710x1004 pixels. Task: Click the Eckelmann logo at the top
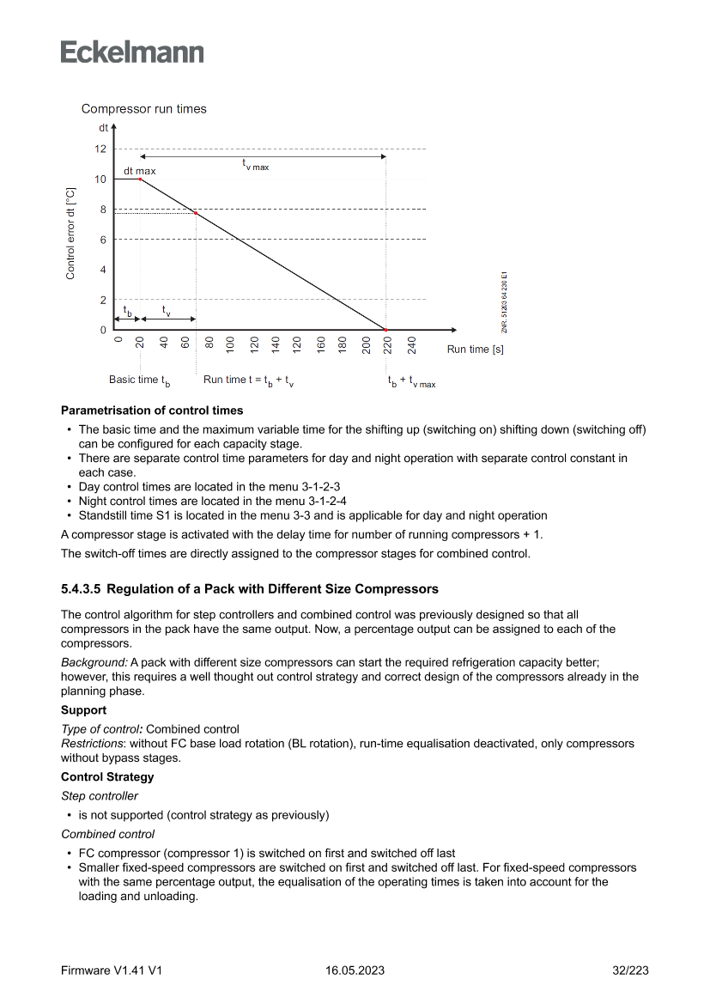point(132,52)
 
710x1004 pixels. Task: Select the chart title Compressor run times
point(143,109)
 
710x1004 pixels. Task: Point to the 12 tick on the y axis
point(100,149)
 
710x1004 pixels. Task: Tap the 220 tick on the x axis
point(388,345)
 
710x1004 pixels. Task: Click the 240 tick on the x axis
point(411,345)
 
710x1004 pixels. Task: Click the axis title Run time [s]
point(475,350)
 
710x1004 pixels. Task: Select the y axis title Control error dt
point(70,233)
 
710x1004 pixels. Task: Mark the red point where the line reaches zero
point(385,330)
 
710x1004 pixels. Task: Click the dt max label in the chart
point(140,172)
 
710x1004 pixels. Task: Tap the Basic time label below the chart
point(139,380)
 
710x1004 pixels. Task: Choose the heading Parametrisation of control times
point(152,411)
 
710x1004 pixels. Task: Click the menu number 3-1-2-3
point(316,486)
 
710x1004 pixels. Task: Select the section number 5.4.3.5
point(81,589)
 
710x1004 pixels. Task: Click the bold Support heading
point(83,710)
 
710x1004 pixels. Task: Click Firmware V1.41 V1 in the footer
point(112,971)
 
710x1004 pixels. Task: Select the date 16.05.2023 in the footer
point(355,971)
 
